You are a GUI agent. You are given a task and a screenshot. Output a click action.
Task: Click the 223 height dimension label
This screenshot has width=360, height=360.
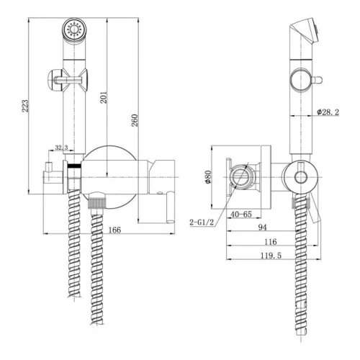click(x=25, y=106)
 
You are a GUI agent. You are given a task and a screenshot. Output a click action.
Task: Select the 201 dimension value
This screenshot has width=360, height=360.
click(x=104, y=97)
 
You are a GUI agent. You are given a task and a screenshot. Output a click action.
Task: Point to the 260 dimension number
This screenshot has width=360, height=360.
click(x=135, y=120)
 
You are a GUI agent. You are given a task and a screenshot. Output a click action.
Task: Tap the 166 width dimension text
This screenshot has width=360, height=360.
click(x=114, y=230)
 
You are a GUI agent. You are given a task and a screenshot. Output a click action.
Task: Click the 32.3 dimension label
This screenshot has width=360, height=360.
click(x=62, y=148)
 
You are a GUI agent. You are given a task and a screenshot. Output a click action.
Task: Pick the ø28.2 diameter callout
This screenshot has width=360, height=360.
click(x=328, y=112)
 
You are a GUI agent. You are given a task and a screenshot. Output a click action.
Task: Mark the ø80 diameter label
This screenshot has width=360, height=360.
click(x=208, y=177)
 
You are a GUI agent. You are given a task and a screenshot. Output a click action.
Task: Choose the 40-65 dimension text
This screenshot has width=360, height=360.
click(x=241, y=214)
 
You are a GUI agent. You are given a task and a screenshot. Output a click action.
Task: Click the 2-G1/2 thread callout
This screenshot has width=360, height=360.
click(x=202, y=222)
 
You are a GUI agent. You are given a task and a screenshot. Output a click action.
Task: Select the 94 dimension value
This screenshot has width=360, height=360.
click(x=262, y=227)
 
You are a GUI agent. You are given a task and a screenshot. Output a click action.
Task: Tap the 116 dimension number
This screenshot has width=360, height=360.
click(x=271, y=242)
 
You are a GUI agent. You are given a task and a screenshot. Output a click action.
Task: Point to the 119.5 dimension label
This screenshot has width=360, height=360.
click(x=271, y=256)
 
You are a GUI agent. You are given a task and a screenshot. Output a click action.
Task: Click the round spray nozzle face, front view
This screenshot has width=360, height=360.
click(x=75, y=30)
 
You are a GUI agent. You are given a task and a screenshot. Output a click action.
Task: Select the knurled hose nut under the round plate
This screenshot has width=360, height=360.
click(x=97, y=201)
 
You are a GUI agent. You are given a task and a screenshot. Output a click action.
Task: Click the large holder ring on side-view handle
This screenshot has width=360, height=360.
click(x=301, y=80)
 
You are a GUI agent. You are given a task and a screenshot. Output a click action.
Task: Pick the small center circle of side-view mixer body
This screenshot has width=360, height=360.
click(x=301, y=178)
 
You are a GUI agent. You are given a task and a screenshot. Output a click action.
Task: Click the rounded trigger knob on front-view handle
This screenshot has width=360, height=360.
click(x=54, y=80)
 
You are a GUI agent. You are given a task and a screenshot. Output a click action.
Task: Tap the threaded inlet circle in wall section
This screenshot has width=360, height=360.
click(x=241, y=176)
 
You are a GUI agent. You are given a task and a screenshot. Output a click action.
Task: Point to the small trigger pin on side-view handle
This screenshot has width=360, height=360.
click(x=317, y=80)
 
